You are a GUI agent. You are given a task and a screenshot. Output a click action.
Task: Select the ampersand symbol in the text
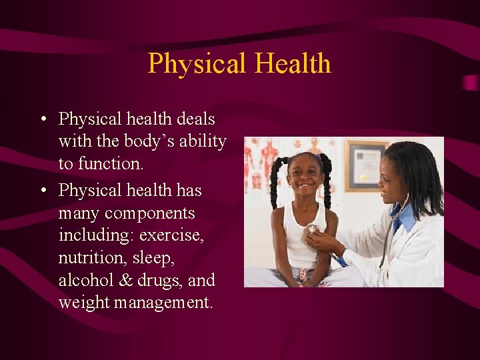(x=124, y=281)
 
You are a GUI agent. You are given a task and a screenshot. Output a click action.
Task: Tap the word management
(x=163, y=303)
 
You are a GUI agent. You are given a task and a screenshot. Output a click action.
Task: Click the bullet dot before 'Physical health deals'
(x=42, y=120)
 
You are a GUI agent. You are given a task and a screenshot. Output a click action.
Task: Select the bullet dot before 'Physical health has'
(x=42, y=191)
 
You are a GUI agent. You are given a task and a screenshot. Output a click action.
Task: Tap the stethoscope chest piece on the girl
(x=311, y=229)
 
